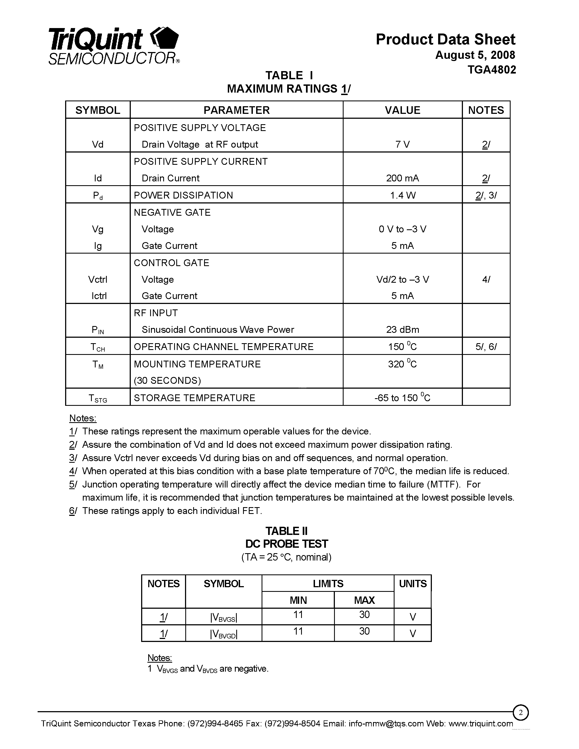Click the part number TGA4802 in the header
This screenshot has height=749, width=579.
(x=492, y=70)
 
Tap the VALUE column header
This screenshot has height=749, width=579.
(x=402, y=110)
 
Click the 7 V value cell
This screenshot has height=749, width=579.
(x=402, y=144)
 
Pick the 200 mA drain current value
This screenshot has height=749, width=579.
(x=402, y=178)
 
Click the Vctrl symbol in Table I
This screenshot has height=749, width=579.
(x=98, y=279)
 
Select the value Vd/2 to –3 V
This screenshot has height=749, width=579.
(x=402, y=279)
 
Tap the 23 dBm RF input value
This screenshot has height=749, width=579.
(x=402, y=330)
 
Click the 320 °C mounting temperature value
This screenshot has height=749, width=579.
(x=402, y=364)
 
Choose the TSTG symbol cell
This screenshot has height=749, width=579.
(x=98, y=398)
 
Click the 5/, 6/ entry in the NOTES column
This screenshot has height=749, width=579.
(x=486, y=347)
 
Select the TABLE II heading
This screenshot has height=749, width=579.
(x=286, y=531)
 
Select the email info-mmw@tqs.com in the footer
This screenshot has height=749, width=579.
(x=386, y=724)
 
